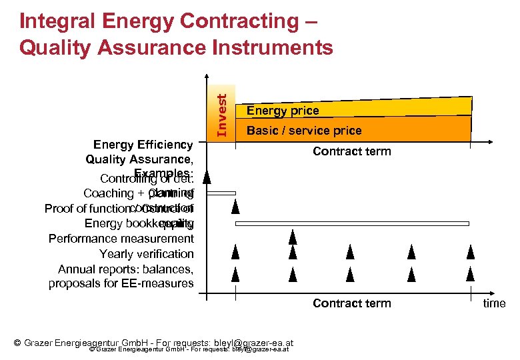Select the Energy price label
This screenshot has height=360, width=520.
tap(283, 111)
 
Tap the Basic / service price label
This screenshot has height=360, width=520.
tap(303, 131)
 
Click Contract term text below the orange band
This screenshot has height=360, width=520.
tap(351, 151)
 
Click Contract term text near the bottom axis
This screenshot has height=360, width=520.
tap(351, 303)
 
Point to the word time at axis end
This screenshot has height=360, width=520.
tap(494, 303)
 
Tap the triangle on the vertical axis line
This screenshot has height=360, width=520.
tap(207, 177)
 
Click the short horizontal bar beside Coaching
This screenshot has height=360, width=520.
tap(221, 193)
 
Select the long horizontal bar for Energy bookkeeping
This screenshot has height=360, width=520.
tap(353, 223)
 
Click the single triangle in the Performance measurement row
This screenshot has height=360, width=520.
tap(292, 237)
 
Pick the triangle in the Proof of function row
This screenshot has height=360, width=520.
tap(235, 206)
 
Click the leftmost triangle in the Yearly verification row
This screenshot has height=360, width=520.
tap(235, 252)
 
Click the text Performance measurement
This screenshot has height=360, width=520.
tap(121, 239)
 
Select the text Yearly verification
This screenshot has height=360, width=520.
tap(146, 254)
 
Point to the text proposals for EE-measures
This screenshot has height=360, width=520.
tap(121, 284)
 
